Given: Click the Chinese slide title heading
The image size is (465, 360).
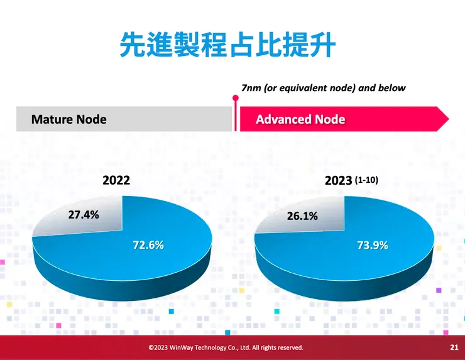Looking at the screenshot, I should click(227, 45).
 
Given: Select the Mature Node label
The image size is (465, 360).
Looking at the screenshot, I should click(68, 119).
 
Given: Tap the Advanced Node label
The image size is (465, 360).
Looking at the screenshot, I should click(300, 119).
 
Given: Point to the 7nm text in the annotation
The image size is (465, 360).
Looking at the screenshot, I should click(251, 88).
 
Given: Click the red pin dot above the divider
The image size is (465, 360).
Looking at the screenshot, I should click(236, 98).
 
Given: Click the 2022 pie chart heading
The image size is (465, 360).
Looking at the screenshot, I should click(116, 180).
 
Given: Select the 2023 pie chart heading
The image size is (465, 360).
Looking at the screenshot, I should click(338, 181).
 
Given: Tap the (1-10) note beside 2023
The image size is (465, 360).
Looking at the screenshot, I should click(367, 180).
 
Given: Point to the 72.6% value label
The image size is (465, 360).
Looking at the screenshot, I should click(148, 244).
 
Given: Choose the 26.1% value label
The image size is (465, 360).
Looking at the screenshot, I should click(302, 216).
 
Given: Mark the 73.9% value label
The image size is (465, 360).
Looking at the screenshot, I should click(372, 245).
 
